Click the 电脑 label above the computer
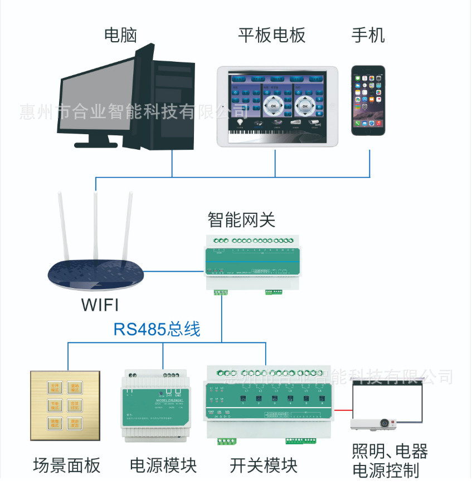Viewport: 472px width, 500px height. pos(120,36)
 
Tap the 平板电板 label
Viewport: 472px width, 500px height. pos(272,36)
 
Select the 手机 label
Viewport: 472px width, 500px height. pos(368,36)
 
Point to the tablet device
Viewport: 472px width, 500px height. pos(277,106)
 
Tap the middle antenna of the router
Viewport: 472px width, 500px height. pos(96,223)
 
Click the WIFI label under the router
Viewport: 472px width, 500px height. pos(100,305)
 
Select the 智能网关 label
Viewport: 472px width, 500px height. pos(241,219)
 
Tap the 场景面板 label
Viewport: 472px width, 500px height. pos(67,464)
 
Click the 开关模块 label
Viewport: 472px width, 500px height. pos(264,465)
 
